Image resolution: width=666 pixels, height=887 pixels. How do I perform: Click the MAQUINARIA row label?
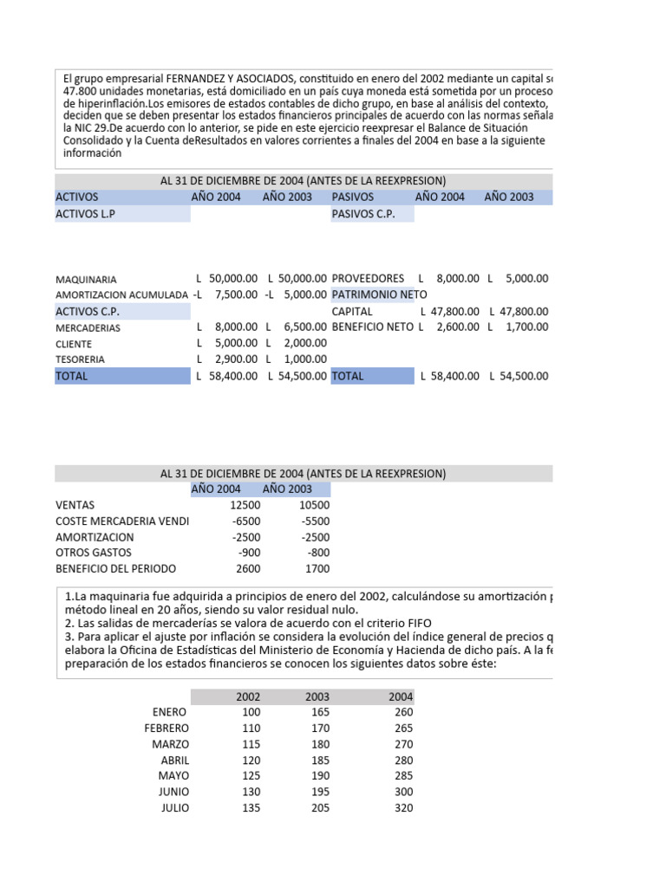pos(86,280)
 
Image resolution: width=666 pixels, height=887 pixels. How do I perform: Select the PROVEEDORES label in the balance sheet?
pos(368,278)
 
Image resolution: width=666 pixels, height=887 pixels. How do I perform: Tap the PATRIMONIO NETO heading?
pos(379,295)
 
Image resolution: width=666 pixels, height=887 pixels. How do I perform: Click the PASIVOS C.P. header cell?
pos(363,214)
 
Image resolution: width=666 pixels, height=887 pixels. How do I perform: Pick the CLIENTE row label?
pos(74,344)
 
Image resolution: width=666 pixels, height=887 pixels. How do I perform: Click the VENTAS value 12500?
pos(245,505)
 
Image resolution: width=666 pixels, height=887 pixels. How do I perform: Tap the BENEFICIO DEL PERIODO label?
pos(115,569)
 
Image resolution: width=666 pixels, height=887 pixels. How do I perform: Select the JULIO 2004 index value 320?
pos(402,808)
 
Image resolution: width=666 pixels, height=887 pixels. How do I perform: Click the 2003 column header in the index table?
pos(317,696)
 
